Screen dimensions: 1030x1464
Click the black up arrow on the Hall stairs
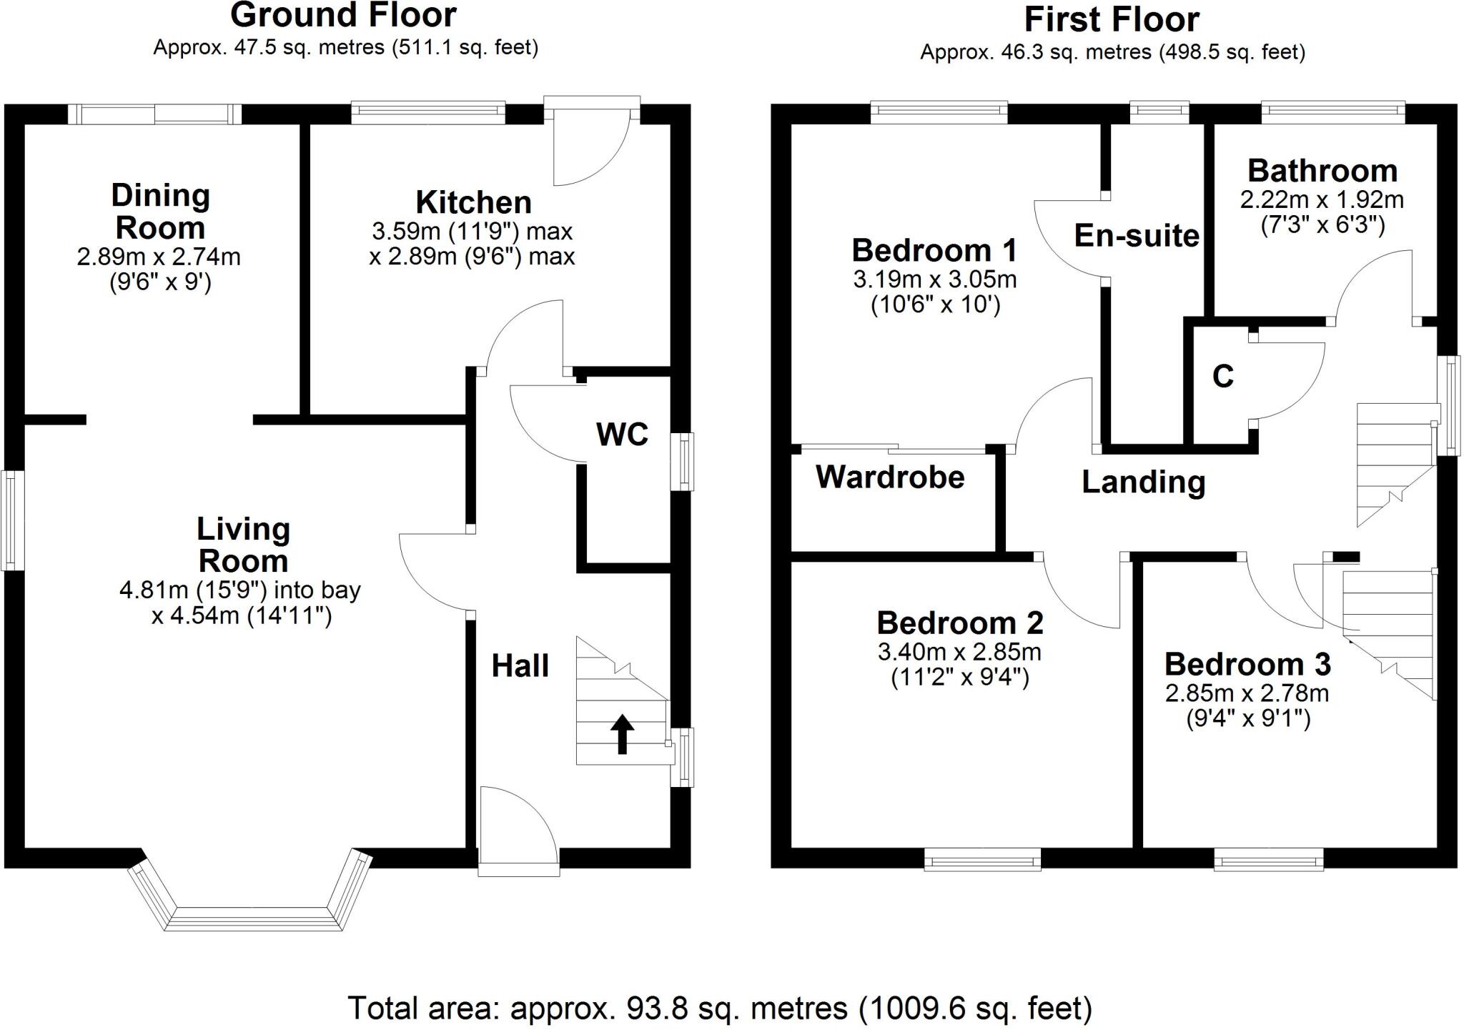622,734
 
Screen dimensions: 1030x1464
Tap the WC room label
622,434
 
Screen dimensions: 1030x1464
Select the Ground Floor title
344,15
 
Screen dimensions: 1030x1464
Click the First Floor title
1112,19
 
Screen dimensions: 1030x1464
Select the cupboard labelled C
1222,376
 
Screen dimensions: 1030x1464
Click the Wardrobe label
890,477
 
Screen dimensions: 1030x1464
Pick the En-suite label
1136,236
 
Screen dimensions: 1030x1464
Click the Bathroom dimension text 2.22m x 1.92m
1322,200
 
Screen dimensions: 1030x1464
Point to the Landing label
1143,482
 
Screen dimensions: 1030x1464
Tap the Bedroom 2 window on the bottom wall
982,860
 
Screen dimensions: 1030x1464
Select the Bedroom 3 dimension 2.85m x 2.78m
1247,693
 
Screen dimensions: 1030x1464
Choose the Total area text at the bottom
720,1009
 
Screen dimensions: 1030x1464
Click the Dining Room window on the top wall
155,114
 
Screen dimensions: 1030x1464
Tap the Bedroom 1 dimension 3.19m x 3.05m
934,279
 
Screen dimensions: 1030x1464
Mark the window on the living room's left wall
13,520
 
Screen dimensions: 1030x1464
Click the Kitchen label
473,203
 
